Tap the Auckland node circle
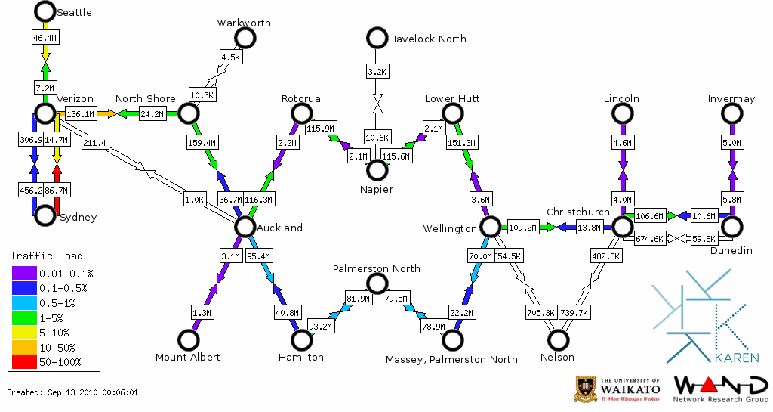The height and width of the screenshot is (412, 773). [x=244, y=226]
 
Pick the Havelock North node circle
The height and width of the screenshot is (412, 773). [x=376, y=37]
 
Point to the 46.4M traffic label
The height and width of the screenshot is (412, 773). [x=45, y=37]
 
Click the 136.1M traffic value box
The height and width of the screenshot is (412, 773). [x=80, y=114]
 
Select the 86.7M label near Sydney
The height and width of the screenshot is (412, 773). [x=57, y=191]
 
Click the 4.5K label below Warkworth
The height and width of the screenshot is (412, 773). [x=230, y=57]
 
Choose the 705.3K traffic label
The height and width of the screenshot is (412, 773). [x=540, y=312]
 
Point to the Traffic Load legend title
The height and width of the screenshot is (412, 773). [x=47, y=256]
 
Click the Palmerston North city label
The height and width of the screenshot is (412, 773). [x=377, y=268]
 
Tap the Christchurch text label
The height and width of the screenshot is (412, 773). [x=577, y=212]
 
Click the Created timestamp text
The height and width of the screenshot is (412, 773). [x=72, y=392]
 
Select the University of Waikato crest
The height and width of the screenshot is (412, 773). [x=587, y=389]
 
